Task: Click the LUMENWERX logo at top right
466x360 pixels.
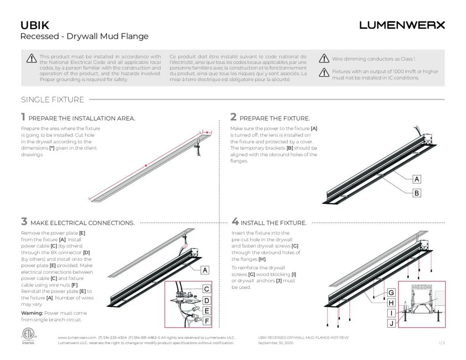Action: click(x=402, y=25)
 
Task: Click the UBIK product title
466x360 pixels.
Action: click(x=35, y=25)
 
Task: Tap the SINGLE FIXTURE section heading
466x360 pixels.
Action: click(x=52, y=100)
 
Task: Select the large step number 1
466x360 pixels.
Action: click(x=24, y=117)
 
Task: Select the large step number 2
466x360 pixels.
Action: click(x=233, y=117)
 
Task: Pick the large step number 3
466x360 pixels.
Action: click(x=24, y=222)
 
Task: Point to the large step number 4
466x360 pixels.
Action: click(x=235, y=222)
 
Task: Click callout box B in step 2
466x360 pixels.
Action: click(x=416, y=193)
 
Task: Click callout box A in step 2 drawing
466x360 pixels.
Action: click(x=416, y=179)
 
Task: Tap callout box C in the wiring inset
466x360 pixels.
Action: click(x=206, y=289)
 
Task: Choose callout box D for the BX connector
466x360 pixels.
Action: click(x=206, y=300)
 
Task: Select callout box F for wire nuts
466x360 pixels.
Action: click(x=206, y=322)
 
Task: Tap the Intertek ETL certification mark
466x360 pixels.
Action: click(x=28, y=335)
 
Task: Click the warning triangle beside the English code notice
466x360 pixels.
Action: click(x=31, y=58)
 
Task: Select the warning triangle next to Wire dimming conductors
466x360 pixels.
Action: click(x=324, y=58)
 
